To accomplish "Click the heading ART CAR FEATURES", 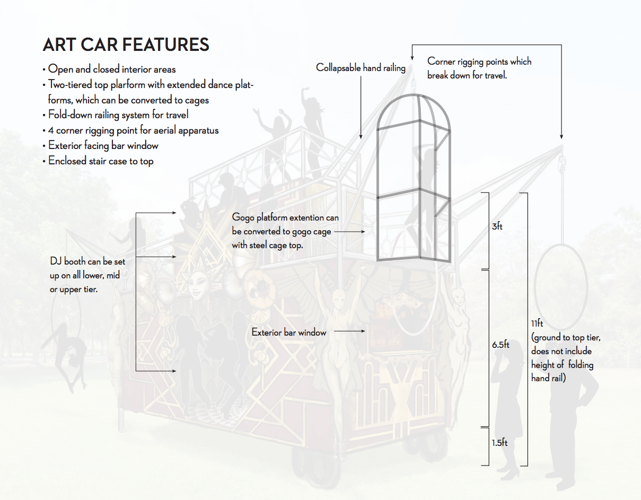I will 126,45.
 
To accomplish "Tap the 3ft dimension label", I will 497,227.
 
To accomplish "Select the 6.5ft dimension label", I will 500,345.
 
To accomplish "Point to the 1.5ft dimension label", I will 499,442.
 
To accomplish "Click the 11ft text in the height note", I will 537,323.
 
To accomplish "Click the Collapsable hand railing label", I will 361,68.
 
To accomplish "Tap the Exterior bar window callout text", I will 289,332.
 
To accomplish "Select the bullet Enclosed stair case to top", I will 101,161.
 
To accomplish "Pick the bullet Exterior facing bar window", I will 103,145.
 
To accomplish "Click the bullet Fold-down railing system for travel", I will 118,115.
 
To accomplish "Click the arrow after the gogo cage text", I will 350,232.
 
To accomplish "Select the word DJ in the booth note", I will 56,261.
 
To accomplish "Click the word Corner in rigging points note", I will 441,62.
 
